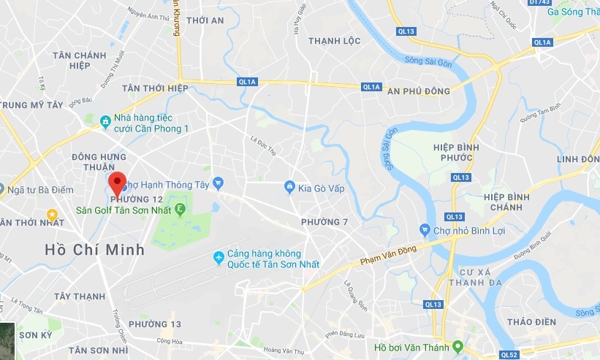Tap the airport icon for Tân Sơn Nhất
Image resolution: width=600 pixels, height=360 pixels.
[x=218, y=258]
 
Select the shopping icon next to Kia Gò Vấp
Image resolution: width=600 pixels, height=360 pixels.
[x=289, y=188]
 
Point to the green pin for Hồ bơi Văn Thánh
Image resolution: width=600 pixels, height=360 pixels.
[x=457, y=346]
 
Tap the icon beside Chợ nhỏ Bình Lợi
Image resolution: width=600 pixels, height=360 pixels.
[x=424, y=230]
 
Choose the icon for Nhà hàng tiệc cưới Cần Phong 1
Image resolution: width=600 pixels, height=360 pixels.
[x=106, y=120]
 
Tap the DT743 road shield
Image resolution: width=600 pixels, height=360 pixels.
[x=539, y=2]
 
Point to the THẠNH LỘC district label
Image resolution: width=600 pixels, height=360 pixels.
[x=334, y=41]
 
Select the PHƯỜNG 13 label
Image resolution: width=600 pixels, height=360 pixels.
[x=154, y=323]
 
